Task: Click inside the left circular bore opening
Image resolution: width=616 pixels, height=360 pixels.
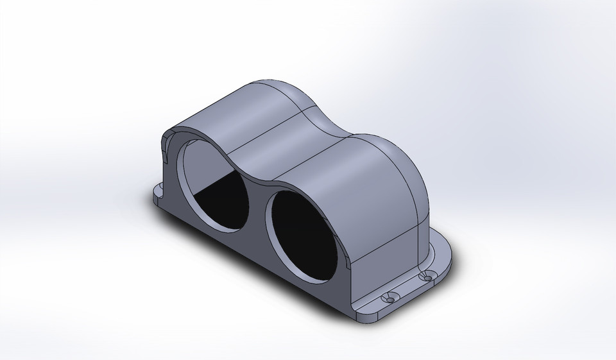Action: (x=212, y=186)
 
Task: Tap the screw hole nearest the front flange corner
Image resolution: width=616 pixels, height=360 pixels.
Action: (x=389, y=299)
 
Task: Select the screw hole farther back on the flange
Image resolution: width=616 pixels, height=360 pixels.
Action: (x=424, y=277)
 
